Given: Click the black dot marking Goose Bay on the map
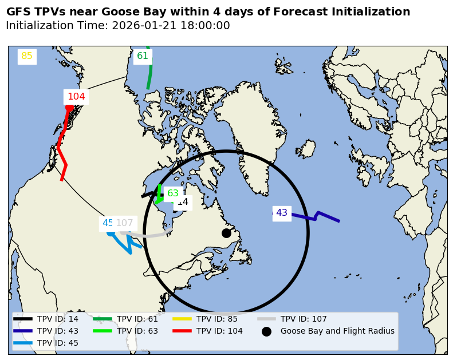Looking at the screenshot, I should pos(226,233).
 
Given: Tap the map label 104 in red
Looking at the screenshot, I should pos(76,97).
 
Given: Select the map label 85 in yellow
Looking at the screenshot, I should pos(27,56).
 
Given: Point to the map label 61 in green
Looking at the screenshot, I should pos(143,56).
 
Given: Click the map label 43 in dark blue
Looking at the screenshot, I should pos(282,213).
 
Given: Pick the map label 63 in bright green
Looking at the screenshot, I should pos(172,193).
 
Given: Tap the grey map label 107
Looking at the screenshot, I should pos(125,223).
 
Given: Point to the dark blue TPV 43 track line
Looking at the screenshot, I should pos(321,216).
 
